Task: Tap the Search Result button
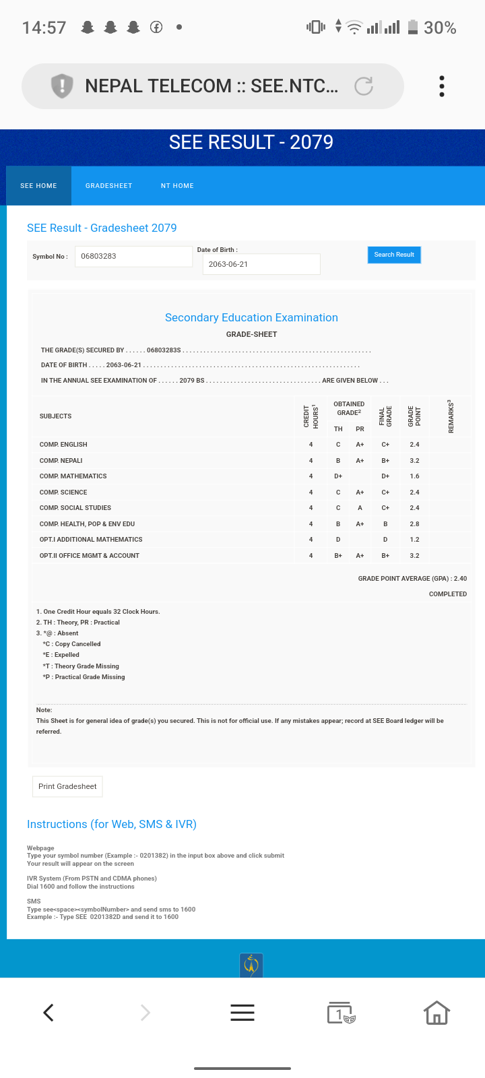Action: click(x=394, y=255)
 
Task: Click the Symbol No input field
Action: click(x=133, y=257)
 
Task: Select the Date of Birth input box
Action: click(x=261, y=264)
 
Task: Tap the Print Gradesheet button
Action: click(x=67, y=786)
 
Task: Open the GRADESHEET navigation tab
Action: click(x=108, y=186)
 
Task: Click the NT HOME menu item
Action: click(x=177, y=186)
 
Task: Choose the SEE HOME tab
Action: click(x=38, y=186)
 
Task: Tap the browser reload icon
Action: click(x=364, y=86)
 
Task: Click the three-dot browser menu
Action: click(x=442, y=86)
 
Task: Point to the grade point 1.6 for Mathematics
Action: click(x=414, y=476)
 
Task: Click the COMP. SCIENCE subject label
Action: click(x=63, y=493)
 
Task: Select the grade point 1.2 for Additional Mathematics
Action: click(x=414, y=540)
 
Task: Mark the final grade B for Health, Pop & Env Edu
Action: click(x=385, y=524)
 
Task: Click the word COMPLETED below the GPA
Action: click(x=448, y=594)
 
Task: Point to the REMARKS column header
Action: click(x=451, y=416)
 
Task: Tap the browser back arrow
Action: click(x=48, y=1012)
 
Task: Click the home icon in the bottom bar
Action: click(x=437, y=1012)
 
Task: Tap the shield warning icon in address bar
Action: click(x=62, y=86)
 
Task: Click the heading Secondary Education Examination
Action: click(x=251, y=317)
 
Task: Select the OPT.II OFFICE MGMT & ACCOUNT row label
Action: click(x=90, y=556)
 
